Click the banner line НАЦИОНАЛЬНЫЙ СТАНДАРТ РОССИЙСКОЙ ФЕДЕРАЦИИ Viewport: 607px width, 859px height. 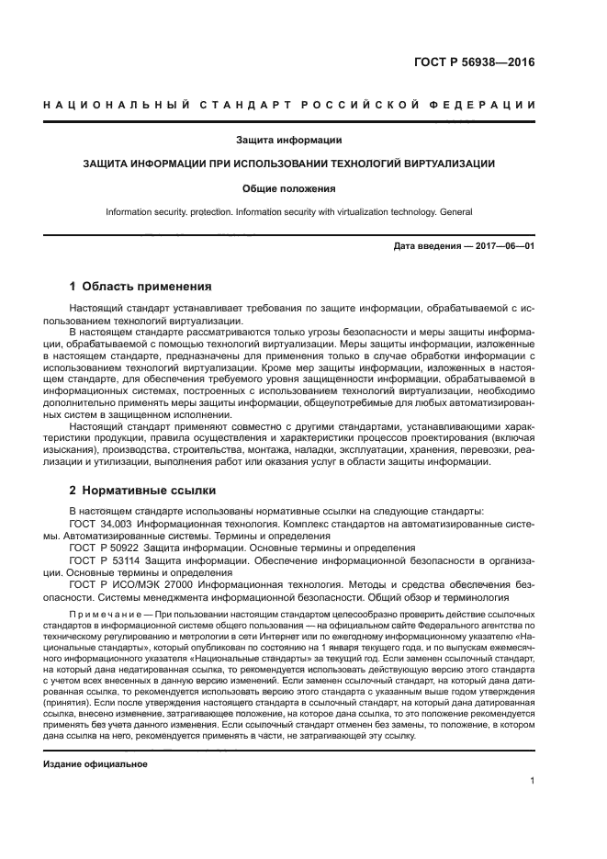(288, 107)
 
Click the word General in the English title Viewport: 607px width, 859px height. (453, 211)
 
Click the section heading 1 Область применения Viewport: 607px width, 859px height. (141, 286)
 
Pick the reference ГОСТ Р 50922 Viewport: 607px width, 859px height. (104, 548)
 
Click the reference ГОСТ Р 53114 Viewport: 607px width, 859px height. (104, 559)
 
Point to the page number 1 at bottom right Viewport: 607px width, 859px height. (532, 781)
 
